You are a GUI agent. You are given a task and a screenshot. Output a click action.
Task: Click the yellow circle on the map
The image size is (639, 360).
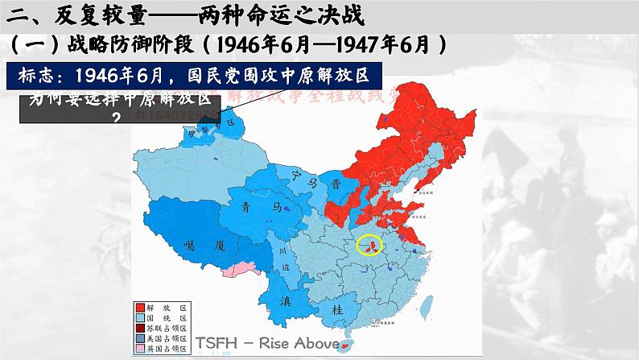click(370, 246)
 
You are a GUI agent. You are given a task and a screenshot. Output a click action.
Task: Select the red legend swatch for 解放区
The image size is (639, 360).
click(141, 307)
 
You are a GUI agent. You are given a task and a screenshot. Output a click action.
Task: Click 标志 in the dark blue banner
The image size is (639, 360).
click(45, 75)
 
